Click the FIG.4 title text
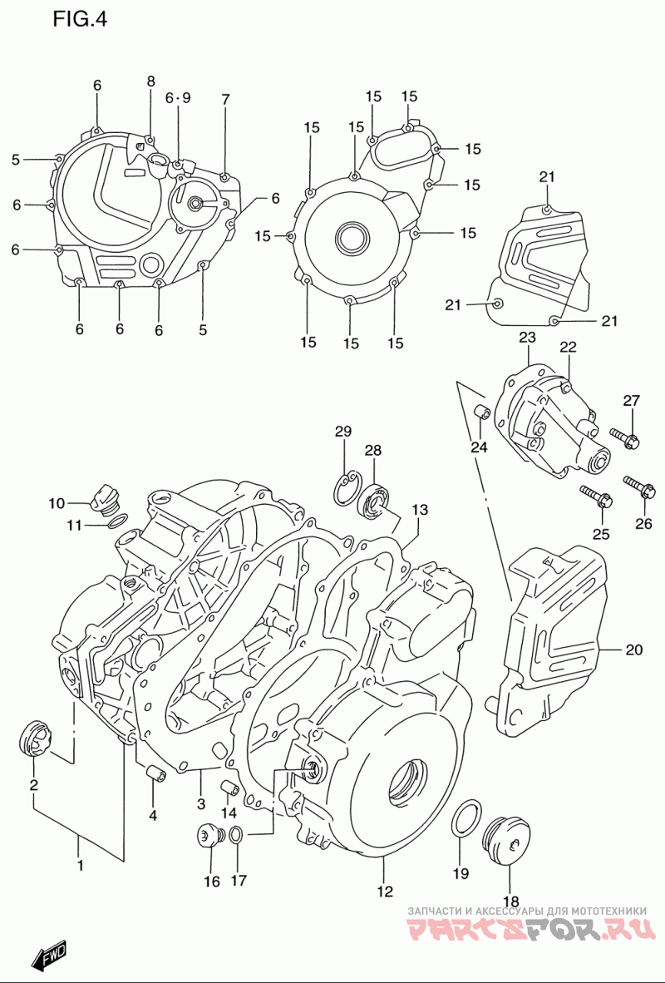pyautogui.click(x=81, y=20)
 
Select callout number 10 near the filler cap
pyautogui.click(x=57, y=503)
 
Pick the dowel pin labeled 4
pyautogui.click(x=155, y=773)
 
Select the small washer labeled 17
pyautogui.click(x=236, y=835)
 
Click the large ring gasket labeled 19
pyautogui.click(x=465, y=818)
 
